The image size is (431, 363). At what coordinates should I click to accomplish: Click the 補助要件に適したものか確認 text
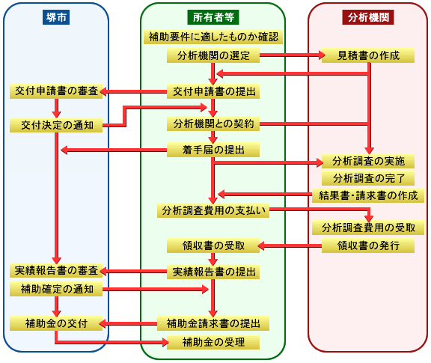coord(213,37)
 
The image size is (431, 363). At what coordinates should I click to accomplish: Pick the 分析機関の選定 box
coord(213,55)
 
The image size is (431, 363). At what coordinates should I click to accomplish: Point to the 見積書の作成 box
coord(367,55)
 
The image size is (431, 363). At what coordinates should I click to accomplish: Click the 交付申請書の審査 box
coord(56,91)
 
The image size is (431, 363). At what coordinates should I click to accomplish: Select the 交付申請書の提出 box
coord(213,91)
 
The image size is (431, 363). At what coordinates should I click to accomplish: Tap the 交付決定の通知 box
coord(56,125)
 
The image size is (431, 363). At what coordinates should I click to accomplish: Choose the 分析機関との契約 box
coord(213,123)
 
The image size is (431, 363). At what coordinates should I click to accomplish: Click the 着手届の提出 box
coord(213,150)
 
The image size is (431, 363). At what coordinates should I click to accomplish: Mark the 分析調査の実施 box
coord(367,161)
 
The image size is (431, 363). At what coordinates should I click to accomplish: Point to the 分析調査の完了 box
coord(367,178)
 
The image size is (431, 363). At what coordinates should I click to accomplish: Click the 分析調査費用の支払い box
coord(213,210)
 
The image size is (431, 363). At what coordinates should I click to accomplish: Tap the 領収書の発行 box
coord(367,245)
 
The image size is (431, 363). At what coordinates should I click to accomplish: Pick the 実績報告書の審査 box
coord(56,270)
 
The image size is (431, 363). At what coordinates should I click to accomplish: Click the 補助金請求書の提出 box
coord(213,323)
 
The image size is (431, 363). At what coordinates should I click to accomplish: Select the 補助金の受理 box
coord(213,342)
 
